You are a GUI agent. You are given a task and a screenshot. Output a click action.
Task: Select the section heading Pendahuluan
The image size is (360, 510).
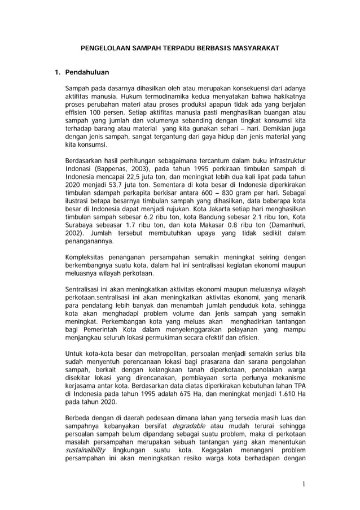click(x=87, y=73)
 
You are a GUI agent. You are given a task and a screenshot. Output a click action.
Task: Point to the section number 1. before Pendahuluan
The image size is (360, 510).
click(x=56, y=73)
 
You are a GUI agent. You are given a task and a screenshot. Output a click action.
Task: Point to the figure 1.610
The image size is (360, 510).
click(x=283, y=394)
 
